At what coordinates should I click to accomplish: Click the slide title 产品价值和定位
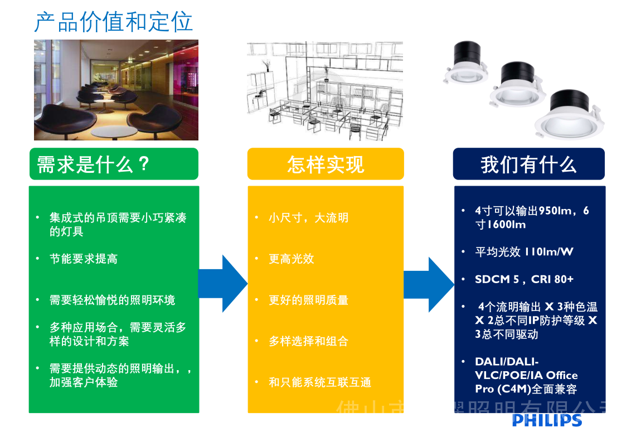click(x=114, y=22)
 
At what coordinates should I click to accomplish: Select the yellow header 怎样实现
click(x=326, y=164)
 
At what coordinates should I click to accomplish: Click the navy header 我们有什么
click(x=528, y=164)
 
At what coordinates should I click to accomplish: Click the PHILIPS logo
click(x=547, y=420)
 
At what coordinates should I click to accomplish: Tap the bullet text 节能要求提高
click(x=83, y=259)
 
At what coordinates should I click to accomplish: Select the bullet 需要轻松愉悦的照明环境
click(x=112, y=300)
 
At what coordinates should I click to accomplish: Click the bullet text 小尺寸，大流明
click(x=308, y=217)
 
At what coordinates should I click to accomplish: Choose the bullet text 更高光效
click(x=291, y=259)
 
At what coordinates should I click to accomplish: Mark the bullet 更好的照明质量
click(x=308, y=300)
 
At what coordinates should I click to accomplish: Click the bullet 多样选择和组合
click(x=308, y=341)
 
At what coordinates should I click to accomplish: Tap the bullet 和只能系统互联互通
click(x=319, y=382)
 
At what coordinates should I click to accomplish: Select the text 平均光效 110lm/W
click(x=524, y=252)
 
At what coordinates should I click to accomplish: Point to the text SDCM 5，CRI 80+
click(x=524, y=279)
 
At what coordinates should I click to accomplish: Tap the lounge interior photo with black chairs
click(x=116, y=90)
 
